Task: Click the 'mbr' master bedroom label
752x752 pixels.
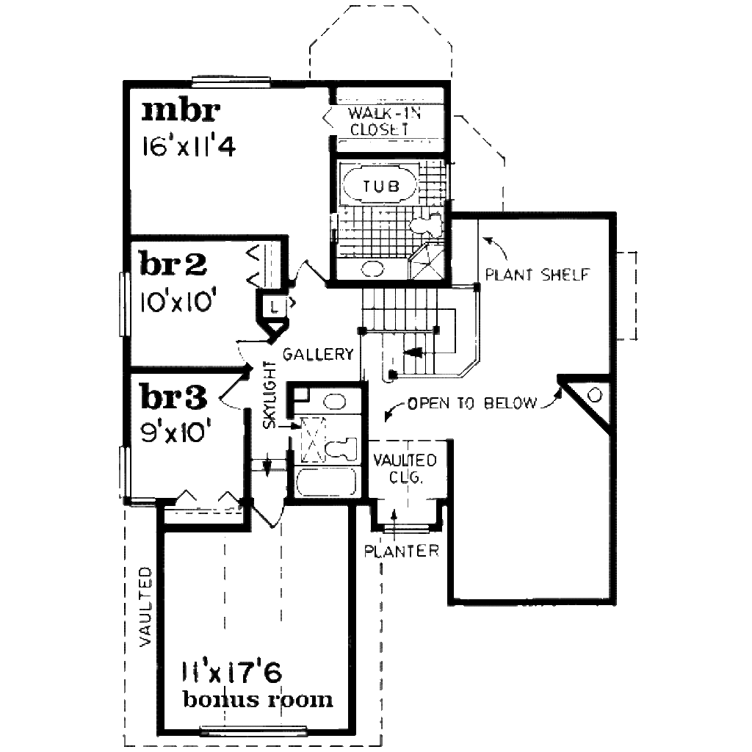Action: point(181,111)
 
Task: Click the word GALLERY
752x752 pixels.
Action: point(319,354)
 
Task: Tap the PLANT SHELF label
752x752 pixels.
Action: point(538,275)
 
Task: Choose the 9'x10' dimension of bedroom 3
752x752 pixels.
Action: point(176,432)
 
